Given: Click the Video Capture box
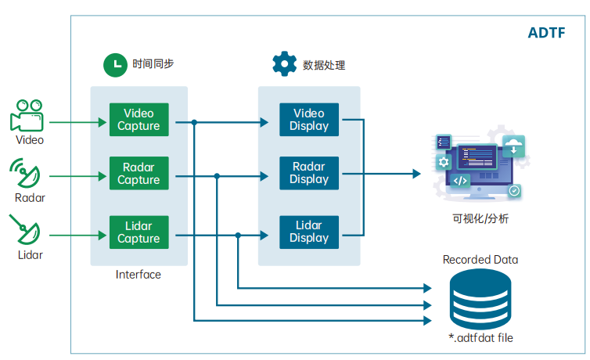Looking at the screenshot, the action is point(139,120).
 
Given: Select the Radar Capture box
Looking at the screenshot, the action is point(139,173).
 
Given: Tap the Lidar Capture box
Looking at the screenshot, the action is point(139,232).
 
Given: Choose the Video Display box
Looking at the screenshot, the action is point(309,120).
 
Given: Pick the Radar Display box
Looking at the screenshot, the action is point(309,173).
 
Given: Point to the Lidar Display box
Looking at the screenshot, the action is point(309,232).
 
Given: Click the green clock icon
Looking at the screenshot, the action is point(115,65).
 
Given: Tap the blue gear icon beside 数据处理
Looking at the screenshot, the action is point(285,63).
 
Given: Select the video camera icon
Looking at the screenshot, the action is point(27,115).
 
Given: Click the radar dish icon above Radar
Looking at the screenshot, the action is point(25,173).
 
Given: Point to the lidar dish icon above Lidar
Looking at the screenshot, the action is point(25,229).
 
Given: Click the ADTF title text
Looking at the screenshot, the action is point(546,33).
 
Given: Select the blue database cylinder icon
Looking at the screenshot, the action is point(480,300).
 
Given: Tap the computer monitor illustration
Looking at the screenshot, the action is point(480,165).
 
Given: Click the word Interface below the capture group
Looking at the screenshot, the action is point(138,275).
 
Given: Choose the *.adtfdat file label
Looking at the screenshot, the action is point(481,338).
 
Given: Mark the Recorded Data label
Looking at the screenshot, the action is point(480,260).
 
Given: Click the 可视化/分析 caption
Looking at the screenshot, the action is point(480,218).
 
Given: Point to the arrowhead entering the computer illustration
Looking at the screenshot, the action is point(416,174).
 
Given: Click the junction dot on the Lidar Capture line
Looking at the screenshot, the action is point(238,236).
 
